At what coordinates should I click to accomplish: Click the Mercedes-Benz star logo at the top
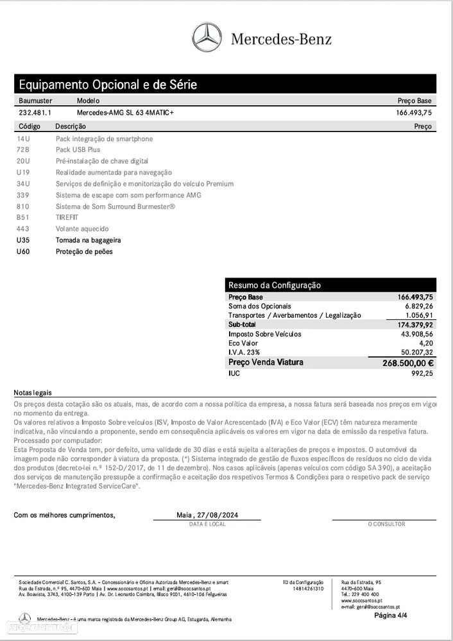(x=207, y=38)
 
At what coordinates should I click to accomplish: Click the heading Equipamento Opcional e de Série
(x=108, y=85)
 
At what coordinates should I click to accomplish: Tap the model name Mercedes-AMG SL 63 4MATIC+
(x=125, y=112)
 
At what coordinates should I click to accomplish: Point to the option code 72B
(x=23, y=150)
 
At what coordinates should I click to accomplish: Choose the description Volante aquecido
(x=82, y=229)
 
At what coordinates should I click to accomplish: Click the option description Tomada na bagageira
(x=88, y=240)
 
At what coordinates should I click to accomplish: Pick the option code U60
(x=24, y=251)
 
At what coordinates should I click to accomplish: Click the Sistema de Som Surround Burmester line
(x=115, y=206)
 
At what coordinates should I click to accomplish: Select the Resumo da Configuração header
(x=274, y=285)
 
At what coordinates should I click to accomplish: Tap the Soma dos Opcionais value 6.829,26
(x=418, y=306)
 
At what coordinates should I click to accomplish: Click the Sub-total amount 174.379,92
(x=415, y=325)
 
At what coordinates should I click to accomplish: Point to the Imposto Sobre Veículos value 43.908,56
(x=416, y=334)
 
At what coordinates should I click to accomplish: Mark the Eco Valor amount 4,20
(x=425, y=343)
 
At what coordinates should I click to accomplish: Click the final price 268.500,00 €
(x=408, y=363)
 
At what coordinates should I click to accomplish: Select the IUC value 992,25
(x=422, y=373)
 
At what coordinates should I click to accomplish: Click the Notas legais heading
(x=33, y=392)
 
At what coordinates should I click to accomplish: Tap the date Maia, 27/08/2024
(x=207, y=515)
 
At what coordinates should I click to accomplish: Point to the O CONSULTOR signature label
(x=386, y=524)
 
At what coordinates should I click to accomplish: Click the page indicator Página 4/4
(x=391, y=615)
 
